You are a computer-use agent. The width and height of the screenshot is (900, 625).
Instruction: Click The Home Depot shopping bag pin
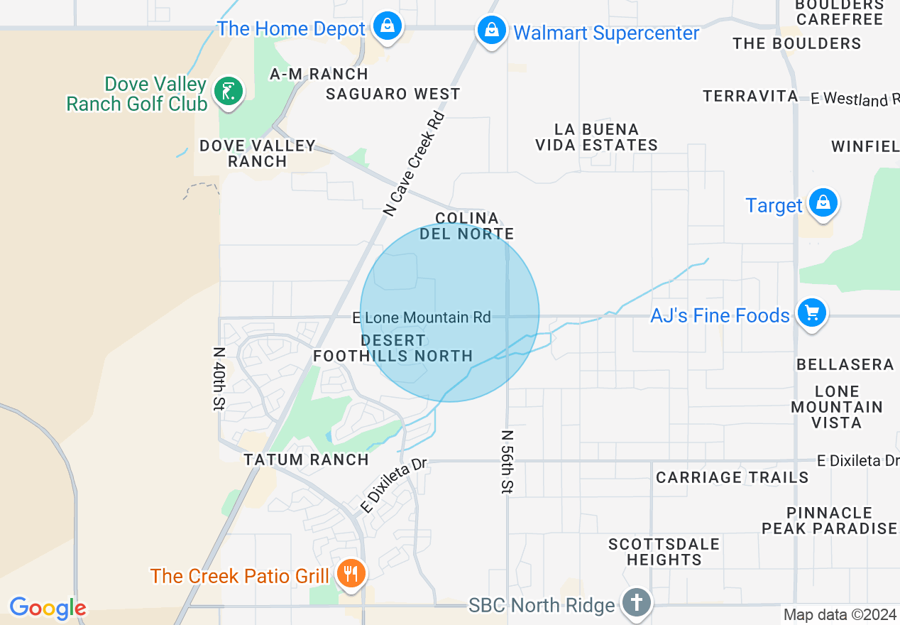pos(388,27)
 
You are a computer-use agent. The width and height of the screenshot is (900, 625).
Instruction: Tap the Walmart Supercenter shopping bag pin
pos(491,31)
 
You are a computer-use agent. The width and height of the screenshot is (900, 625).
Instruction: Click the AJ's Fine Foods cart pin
pos(811,313)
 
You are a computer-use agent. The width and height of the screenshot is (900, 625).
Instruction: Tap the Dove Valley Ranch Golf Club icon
pos(228,91)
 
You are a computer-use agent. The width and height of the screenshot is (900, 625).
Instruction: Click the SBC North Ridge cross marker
pos(637,603)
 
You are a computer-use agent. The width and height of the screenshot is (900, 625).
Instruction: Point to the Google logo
pos(48,608)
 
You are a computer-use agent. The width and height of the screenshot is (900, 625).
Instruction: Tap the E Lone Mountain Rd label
pos(422,317)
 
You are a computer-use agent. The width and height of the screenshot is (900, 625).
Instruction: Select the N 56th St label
pos(508,462)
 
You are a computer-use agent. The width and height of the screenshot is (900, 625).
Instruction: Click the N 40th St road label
pos(219,379)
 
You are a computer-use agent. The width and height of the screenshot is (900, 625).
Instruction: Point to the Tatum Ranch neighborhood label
pos(307,460)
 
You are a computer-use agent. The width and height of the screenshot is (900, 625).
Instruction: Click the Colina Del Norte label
pos(466,226)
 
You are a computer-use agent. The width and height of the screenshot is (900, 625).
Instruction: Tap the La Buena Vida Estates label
pos(596,137)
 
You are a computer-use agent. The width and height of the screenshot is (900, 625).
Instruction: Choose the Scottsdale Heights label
pos(664,552)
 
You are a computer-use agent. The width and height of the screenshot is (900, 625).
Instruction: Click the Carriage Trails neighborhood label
pos(732,477)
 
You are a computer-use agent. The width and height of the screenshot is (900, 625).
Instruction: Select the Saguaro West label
pos(393,94)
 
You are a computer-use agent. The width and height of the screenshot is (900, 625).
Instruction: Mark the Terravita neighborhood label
pos(750,96)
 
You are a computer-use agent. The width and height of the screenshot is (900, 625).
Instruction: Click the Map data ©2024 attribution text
pos(840,614)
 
